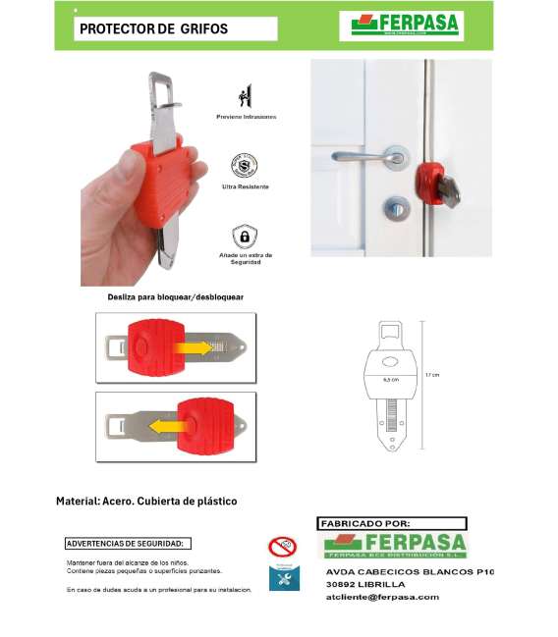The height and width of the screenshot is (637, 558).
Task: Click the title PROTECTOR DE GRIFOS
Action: (153, 29)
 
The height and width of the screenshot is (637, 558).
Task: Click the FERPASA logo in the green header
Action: (401, 25)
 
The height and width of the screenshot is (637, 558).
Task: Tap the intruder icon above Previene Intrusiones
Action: (246, 97)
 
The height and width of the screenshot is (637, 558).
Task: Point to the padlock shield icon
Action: (245, 237)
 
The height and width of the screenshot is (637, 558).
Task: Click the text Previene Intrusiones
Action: (246, 117)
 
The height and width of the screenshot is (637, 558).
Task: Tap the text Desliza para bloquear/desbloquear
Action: (176, 296)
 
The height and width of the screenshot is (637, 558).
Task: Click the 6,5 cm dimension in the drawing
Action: (390, 377)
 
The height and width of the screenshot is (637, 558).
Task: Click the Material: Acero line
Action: (146, 501)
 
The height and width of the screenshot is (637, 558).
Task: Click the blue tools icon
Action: (282, 578)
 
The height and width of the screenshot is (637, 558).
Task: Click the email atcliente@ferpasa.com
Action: (382, 597)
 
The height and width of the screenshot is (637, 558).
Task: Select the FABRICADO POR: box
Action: (391, 524)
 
